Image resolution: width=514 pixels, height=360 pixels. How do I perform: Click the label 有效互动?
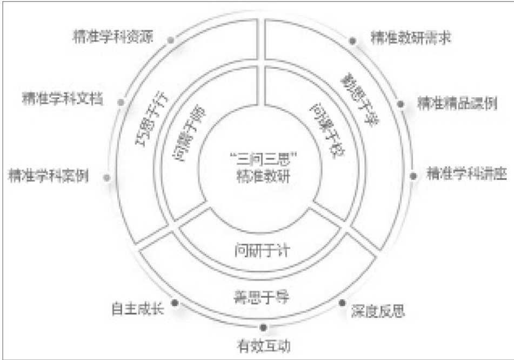pos(263,344)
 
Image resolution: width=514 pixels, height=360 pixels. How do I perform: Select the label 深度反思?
pos(378,311)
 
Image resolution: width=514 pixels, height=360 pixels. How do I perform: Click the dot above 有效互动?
pos(263,328)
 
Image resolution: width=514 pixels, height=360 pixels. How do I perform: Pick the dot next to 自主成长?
pos(174,304)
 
